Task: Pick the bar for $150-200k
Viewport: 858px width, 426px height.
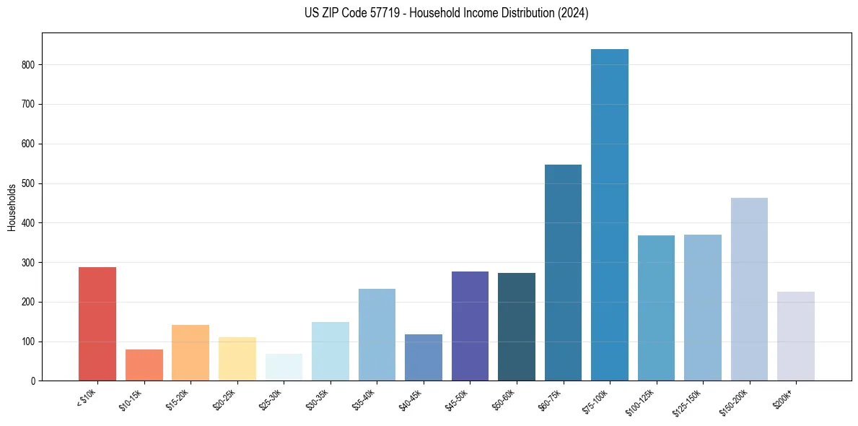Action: tap(749, 289)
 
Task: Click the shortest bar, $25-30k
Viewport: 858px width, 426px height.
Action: tap(284, 367)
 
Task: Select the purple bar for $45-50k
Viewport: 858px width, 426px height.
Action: tap(470, 326)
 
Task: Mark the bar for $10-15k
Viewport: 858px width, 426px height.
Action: tap(144, 365)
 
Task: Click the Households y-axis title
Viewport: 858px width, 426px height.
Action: tap(12, 207)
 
